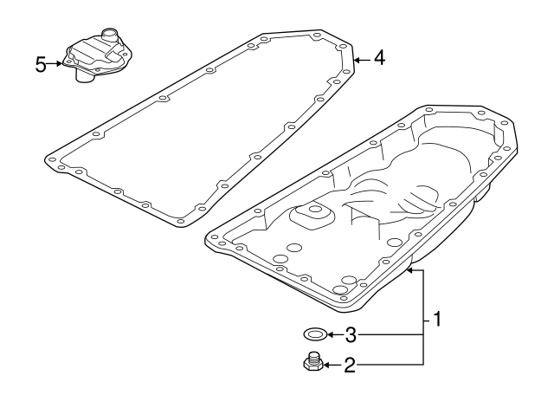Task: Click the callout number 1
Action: [x=437, y=319]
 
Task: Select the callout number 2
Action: [x=350, y=366]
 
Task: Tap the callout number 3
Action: [x=351, y=335]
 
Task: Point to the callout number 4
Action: [x=380, y=58]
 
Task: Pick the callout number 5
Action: [x=41, y=65]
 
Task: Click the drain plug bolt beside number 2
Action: [x=312, y=362]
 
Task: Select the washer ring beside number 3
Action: [x=315, y=334]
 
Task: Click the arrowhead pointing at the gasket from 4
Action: [x=357, y=61]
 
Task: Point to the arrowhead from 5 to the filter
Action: [x=59, y=64]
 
